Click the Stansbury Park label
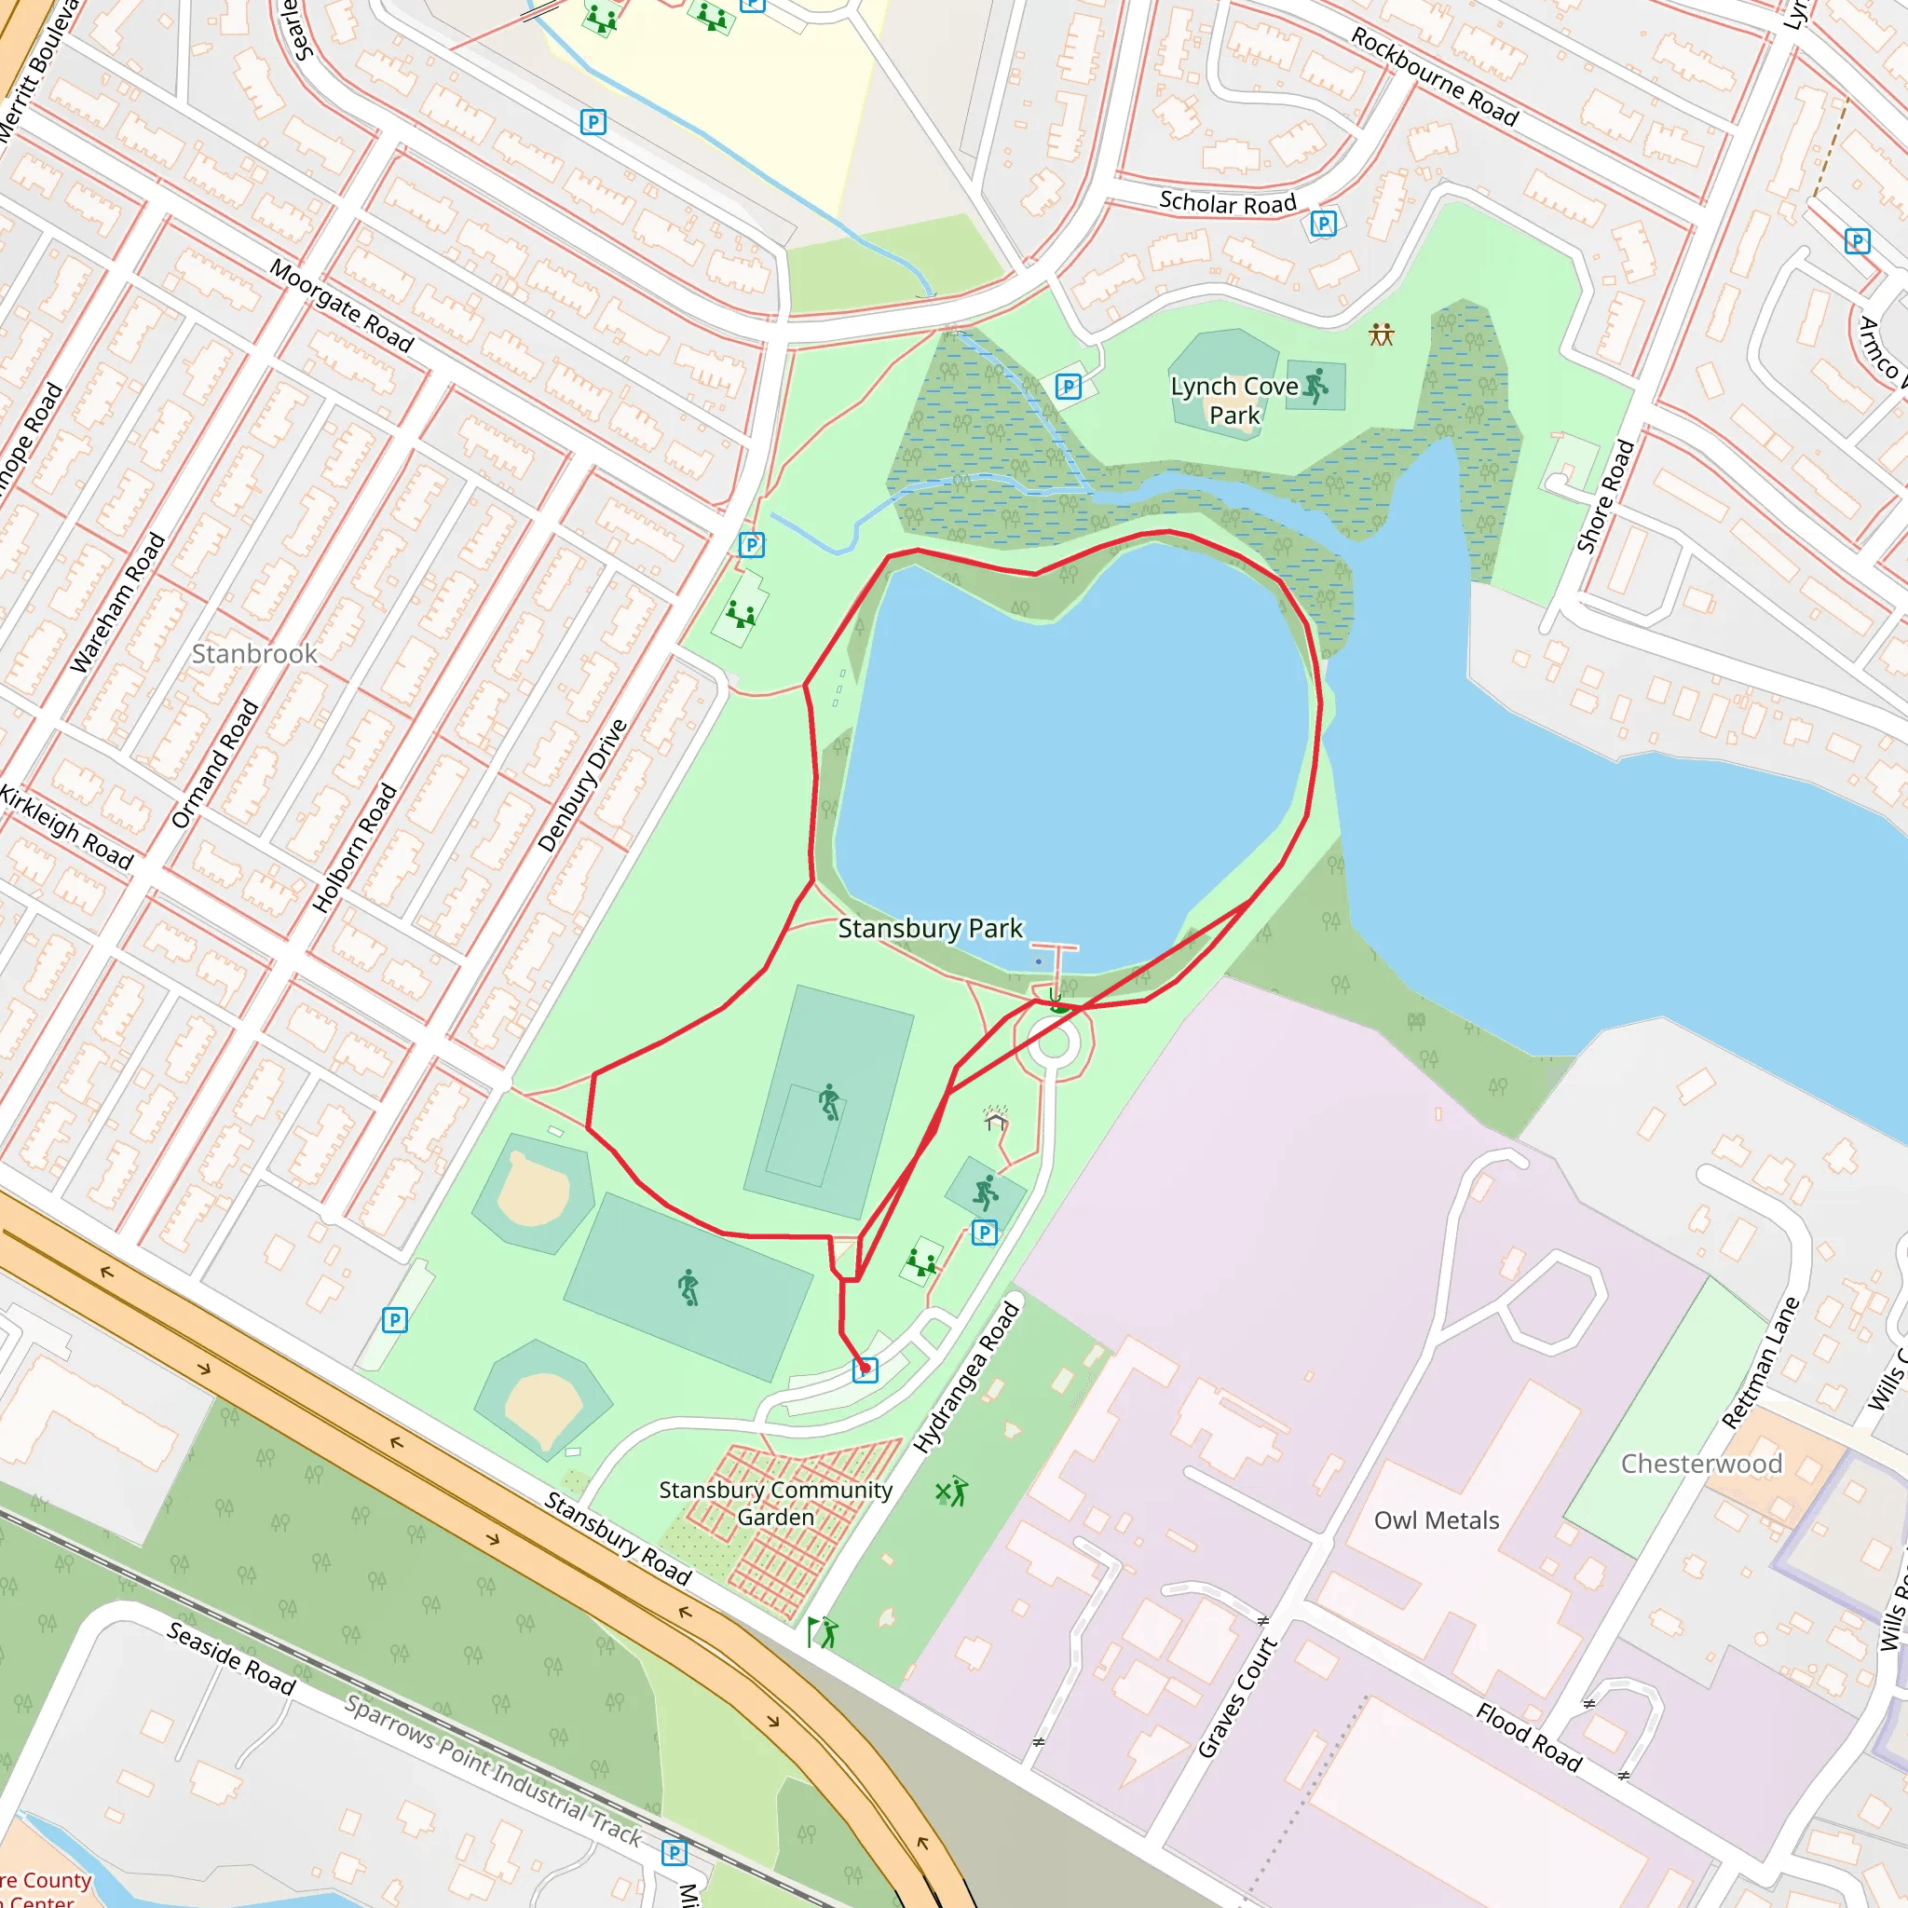[931, 928]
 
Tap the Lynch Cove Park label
[1234, 401]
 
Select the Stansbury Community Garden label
[775, 1503]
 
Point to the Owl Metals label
[1436, 1520]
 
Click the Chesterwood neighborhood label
[1701, 1464]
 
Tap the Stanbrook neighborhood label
[253, 654]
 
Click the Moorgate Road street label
[342, 307]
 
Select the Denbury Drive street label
[582, 785]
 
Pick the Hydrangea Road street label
[966, 1379]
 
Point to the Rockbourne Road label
[1434, 77]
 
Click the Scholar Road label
[1227, 203]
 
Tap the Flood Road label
[1529, 1738]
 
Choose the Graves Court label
[1237, 1697]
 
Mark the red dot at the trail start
[865, 1368]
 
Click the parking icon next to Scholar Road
[1323, 225]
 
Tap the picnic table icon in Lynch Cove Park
[1381, 335]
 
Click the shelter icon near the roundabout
[996, 1119]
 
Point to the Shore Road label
[1605, 497]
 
